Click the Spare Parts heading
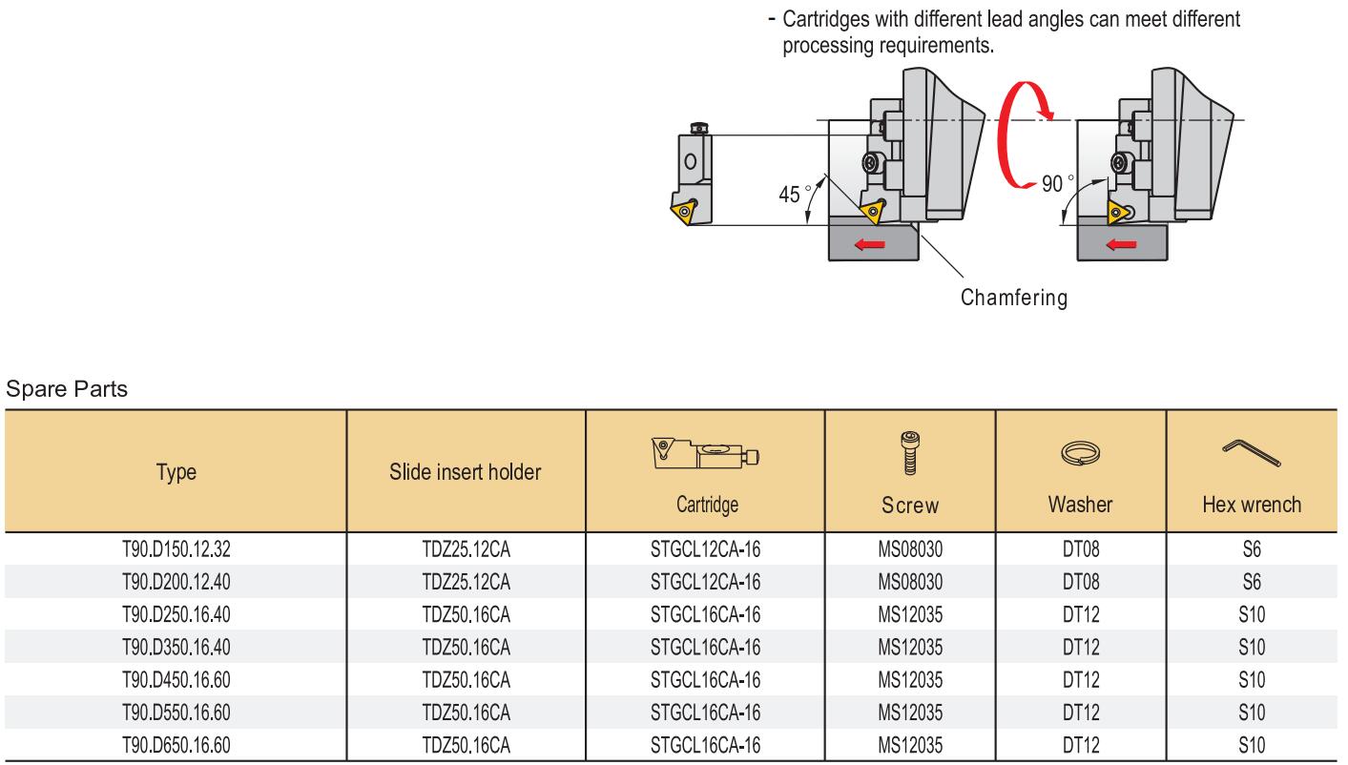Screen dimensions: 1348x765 point(67,389)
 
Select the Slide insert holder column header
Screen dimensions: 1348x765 point(466,472)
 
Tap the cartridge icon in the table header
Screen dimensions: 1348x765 point(705,454)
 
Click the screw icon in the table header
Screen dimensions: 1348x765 point(910,453)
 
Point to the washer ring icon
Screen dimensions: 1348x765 point(1080,454)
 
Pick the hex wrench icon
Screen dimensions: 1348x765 point(1252,453)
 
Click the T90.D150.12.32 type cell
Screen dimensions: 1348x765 point(176,548)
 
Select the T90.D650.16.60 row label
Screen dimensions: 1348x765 point(176,745)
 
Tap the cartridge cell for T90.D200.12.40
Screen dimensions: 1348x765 point(705,582)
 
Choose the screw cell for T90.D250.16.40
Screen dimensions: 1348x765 point(910,614)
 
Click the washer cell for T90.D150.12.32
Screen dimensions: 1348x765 point(1081,548)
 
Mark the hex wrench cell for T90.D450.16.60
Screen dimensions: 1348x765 point(1252,679)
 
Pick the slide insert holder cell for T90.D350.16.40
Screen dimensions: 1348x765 point(466,647)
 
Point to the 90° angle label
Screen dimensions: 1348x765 point(1057,183)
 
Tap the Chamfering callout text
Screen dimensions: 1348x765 point(1014,298)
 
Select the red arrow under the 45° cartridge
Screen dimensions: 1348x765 point(870,244)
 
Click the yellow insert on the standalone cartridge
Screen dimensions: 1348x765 point(684,210)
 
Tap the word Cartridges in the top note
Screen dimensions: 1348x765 point(826,19)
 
